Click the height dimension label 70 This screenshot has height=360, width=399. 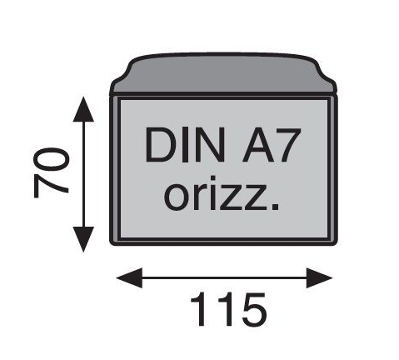[51, 172]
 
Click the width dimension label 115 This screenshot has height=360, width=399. [228, 310]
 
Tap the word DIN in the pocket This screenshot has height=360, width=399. [185, 144]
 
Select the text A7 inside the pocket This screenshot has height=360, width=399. [272, 144]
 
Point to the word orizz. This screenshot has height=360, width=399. [221, 193]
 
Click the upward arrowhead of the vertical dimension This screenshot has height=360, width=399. [83, 109]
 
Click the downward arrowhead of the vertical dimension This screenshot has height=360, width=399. [83, 239]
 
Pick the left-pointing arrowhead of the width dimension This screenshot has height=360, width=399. [129, 277]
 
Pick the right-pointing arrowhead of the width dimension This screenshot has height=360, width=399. [319, 277]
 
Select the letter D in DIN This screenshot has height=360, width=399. [161, 145]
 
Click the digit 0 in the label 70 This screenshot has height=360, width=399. [51, 160]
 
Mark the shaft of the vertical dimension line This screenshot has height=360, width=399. [83, 174]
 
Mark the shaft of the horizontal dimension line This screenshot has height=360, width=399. [224, 277]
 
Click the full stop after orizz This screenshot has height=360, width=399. [275, 207]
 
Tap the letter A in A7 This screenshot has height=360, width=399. [257, 145]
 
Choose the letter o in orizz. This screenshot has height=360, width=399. [176, 197]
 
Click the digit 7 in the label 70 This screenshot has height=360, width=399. [51, 187]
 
